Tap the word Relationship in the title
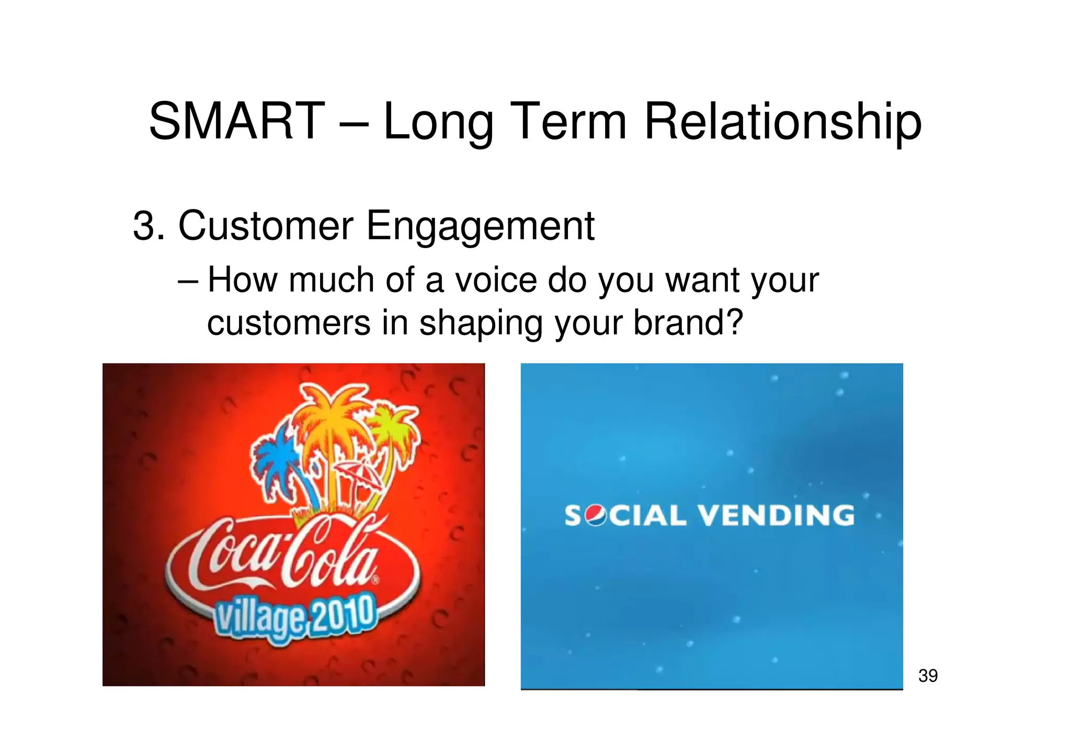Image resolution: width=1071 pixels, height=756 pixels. (782, 122)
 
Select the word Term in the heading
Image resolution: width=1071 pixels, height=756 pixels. (568, 121)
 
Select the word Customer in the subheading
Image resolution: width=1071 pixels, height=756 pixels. (266, 226)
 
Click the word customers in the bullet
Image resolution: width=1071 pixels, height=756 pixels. (289, 322)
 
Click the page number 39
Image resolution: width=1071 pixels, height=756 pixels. (928, 676)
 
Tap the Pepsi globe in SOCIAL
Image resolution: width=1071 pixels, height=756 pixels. (595, 516)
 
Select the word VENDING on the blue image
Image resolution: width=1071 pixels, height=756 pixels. (776, 516)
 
